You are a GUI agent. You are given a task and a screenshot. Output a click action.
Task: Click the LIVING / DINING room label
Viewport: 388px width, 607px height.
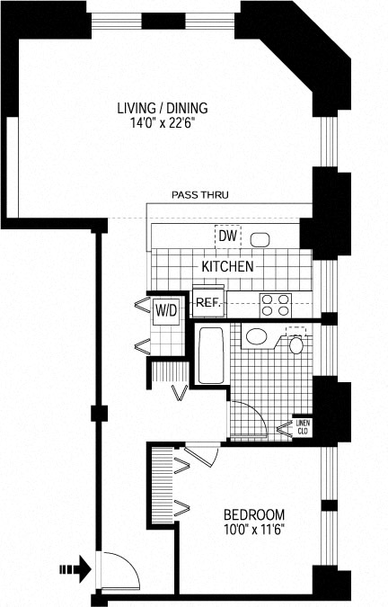pos(163,108)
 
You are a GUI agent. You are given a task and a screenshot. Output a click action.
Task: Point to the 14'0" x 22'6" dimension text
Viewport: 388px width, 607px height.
pos(162,123)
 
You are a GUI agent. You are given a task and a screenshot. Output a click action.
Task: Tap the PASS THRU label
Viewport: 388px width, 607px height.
pos(199,195)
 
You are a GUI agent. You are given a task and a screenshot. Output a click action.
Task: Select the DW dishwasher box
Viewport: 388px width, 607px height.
pos(227,236)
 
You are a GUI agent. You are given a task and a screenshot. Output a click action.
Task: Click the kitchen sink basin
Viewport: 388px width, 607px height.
pos(260,240)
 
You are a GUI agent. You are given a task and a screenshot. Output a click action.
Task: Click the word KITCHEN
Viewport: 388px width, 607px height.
pos(227,266)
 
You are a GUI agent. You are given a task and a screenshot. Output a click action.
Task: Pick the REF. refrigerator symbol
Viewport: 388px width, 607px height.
pos(208,301)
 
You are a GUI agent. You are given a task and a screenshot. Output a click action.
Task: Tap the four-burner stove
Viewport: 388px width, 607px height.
pos(275,305)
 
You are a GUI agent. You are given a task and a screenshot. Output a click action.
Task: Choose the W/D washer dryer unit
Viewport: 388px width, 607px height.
pos(167,310)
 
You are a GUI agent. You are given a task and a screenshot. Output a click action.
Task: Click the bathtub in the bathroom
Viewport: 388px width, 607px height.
pos(211,355)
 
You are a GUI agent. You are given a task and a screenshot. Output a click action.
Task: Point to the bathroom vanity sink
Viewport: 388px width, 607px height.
pos(256,336)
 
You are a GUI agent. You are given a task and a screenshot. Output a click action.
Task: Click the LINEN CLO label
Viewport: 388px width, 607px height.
pos(303,427)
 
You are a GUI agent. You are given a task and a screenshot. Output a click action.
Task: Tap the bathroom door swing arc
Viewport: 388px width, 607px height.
pos(258,411)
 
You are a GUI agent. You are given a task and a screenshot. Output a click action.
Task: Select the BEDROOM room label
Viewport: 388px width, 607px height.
pos(254,514)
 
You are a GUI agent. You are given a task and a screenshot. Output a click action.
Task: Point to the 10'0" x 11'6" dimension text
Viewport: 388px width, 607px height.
pos(254,529)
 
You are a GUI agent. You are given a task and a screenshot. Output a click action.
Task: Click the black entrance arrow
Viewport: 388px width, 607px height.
pos(75,569)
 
